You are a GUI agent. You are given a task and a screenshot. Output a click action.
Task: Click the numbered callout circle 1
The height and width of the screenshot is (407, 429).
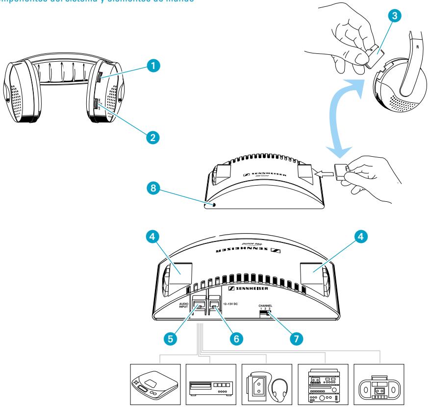pos(155,65)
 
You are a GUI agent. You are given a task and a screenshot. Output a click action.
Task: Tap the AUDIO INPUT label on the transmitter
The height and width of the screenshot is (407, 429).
pos(183,305)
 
